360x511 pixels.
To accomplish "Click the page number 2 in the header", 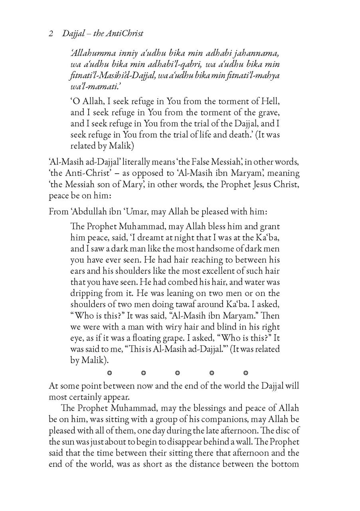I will [51, 34].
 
